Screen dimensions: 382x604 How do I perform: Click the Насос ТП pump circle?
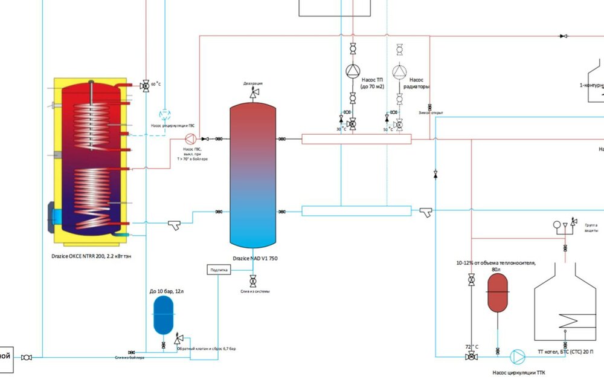coord(353,71)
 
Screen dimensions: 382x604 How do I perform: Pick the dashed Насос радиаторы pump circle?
coord(399,71)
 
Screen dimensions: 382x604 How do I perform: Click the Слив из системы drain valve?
coord(253,280)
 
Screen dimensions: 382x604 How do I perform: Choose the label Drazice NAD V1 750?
coord(254,258)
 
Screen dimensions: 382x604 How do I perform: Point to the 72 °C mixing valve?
coord(471,357)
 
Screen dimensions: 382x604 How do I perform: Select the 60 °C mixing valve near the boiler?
coord(145,86)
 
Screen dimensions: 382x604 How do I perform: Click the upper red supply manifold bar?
coord(356,139)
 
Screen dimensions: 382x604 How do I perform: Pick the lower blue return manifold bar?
coord(356,211)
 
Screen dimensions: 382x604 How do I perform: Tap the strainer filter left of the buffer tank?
coord(175,225)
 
